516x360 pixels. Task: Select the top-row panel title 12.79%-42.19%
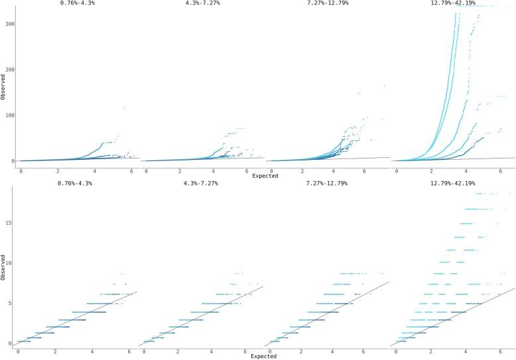coord(453,3)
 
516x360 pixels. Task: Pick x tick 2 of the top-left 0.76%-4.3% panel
coord(58,171)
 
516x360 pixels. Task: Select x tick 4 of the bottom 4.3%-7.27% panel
coord(212,351)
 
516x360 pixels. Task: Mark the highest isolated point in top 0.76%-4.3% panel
coord(123,108)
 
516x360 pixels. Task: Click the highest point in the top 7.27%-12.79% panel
coord(384,86)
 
